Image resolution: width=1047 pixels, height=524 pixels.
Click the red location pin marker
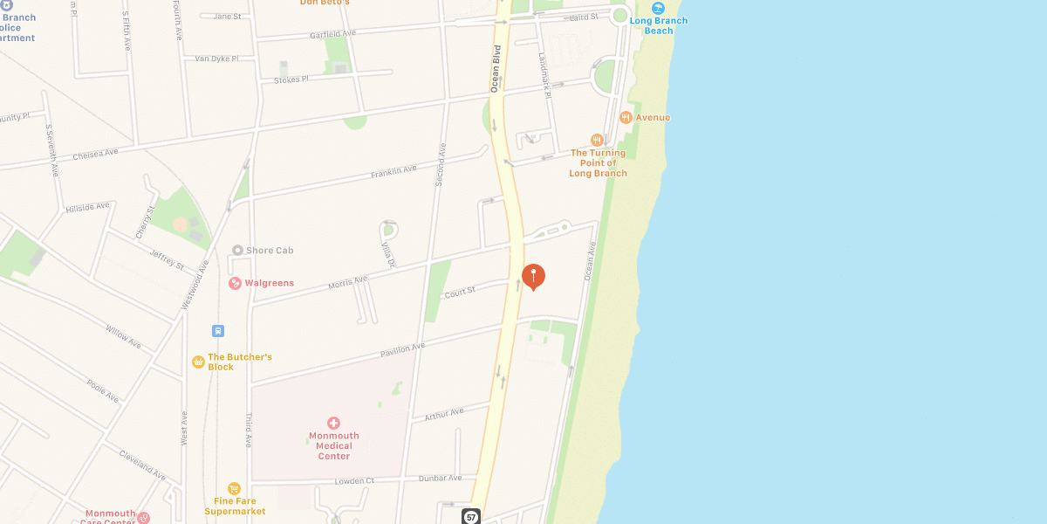[533, 276]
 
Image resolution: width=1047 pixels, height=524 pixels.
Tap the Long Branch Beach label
[659, 25]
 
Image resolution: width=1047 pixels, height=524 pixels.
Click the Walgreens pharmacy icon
[235, 283]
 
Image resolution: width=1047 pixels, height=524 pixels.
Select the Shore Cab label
[270, 251]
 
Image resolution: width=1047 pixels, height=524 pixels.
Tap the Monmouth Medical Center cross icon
[333, 424]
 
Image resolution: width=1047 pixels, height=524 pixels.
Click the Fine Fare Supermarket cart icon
[234, 489]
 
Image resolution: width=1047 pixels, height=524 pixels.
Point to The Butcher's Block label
[240, 362]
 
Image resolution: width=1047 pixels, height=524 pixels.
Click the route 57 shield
[471, 517]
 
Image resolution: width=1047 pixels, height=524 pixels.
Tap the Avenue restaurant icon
[626, 117]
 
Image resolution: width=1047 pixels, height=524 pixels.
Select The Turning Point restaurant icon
[597, 140]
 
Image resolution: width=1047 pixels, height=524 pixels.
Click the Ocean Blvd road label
[496, 68]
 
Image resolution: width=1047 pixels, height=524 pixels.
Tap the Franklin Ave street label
[393, 172]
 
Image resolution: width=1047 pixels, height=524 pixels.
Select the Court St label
[460, 291]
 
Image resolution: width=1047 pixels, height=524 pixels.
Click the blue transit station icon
[218, 331]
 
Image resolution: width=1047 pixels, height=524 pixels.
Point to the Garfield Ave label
[333, 34]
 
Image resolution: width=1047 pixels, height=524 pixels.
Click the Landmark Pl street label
[545, 75]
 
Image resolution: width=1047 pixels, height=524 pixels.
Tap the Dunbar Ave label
[441, 478]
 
